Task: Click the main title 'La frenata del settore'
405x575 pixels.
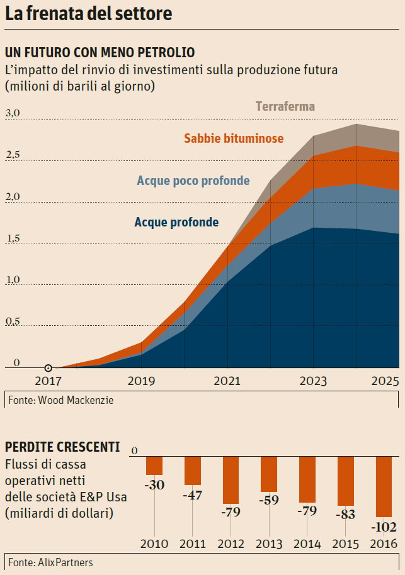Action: (x=89, y=14)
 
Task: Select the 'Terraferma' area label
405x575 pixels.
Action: (x=285, y=106)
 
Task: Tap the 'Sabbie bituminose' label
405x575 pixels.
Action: (x=234, y=138)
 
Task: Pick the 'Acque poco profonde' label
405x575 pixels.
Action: (x=193, y=181)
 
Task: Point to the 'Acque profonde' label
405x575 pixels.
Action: (x=176, y=222)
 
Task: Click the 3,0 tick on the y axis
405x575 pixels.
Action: (x=13, y=113)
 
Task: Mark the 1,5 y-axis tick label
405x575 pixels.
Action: (x=13, y=238)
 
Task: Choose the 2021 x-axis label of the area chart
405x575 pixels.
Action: (x=227, y=381)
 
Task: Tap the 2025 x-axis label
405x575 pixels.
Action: (x=384, y=381)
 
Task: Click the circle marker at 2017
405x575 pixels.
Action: (x=48, y=368)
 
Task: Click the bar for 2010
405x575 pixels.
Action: (x=154, y=466)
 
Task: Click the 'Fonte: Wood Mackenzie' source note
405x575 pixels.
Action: (x=61, y=399)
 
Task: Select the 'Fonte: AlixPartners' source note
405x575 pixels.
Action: (x=50, y=562)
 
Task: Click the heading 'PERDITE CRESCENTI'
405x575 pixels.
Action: (x=62, y=448)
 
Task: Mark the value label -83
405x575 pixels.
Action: (x=345, y=514)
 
